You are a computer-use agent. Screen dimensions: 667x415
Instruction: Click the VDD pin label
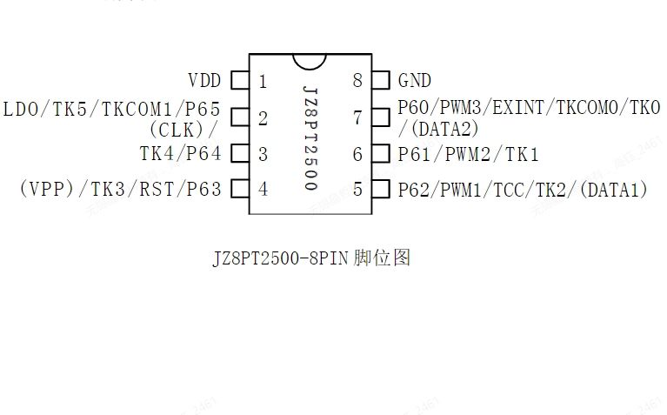(x=204, y=80)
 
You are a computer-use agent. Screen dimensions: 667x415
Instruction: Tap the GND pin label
(x=415, y=80)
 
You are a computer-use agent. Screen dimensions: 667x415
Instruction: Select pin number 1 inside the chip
(x=263, y=81)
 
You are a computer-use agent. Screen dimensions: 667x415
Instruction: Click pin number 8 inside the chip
(x=357, y=80)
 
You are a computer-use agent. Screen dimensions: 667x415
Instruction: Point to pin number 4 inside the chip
(x=263, y=189)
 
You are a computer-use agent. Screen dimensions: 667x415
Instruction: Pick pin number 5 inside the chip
(x=357, y=189)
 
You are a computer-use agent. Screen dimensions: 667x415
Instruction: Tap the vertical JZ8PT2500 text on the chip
(x=311, y=138)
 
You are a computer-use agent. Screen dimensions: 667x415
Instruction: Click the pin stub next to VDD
(x=240, y=80)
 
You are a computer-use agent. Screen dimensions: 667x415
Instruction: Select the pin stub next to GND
(x=381, y=80)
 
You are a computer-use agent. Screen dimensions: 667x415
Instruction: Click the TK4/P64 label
(x=181, y=154)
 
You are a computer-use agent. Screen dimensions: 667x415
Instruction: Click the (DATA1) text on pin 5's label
(x=614, y=190)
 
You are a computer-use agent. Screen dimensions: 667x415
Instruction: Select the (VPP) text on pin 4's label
(x=47, y=189)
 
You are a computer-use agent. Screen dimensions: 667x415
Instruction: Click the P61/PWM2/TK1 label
(x=469, y=154)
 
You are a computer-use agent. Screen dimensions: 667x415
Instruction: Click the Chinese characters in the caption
(x=382, y=258)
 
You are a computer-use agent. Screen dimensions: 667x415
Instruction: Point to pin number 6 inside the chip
(x=357, y=154)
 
